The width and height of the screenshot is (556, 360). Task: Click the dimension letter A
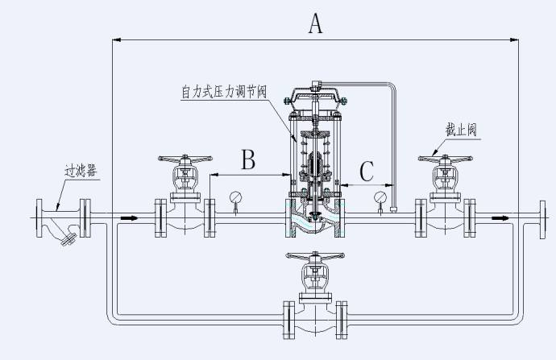(x=315, y=23)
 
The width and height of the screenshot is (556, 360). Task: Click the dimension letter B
(x=248, y=159)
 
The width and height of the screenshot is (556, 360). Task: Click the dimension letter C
(x=367, y=172)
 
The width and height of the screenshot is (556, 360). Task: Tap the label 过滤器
(x=81, y=172)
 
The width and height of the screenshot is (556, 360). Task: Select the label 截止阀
(x=461, y=130)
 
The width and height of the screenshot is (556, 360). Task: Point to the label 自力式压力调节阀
(x=224, y=92)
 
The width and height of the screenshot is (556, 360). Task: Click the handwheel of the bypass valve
(x=315, y=255)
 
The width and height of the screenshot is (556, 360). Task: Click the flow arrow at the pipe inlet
(x=130, y=218)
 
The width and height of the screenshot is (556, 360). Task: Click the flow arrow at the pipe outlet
(x=500, y=218)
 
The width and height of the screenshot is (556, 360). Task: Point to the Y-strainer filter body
(x=61, y=221)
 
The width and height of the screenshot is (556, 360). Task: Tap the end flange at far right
(x=542, y=220)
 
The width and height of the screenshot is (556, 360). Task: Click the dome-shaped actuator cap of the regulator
(x=314, y=97)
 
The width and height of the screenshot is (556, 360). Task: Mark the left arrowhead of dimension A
(x=117, y=39)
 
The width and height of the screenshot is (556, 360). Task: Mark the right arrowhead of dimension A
(x=514, y=39)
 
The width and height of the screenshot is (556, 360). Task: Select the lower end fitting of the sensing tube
(x=393, y=209)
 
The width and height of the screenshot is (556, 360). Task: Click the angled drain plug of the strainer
(x=68, y=240)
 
